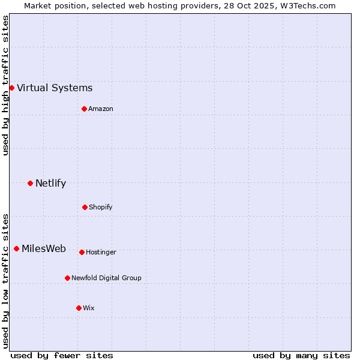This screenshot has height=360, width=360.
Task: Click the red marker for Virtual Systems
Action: (x=11, y=88)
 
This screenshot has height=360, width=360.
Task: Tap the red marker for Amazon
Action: (x=84, y=109)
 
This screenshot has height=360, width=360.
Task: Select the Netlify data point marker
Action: (x=30, y=183)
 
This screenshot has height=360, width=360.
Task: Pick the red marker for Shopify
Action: (x=85, y=207)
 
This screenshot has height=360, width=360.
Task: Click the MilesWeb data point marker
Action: (x=16, y=248)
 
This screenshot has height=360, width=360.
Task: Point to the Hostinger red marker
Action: (x=82, y=252)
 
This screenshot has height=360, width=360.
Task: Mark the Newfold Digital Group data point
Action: (x=67, y=278)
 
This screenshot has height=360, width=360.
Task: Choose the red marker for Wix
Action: (x=79, y=308)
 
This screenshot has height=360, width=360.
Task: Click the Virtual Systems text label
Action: (x=55, y=88)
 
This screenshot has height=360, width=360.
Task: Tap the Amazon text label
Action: (x=101, y=109)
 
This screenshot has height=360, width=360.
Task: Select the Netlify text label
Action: (x=50, y=184)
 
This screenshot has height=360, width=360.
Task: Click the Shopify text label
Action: (x=101, y=208)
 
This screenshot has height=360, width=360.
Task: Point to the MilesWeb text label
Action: (x=44, y=249)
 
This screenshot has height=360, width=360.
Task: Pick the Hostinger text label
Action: (x=101, y=253)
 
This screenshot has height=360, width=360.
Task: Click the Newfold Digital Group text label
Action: (x=106, y=278)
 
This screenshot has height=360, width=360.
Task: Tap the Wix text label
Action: (x=89, y=308)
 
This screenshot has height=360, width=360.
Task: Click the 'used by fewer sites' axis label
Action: (x=62, y=355)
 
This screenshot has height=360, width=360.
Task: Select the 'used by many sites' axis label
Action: (x=301, y=355)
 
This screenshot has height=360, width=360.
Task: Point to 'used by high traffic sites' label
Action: (x=5, y=85)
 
